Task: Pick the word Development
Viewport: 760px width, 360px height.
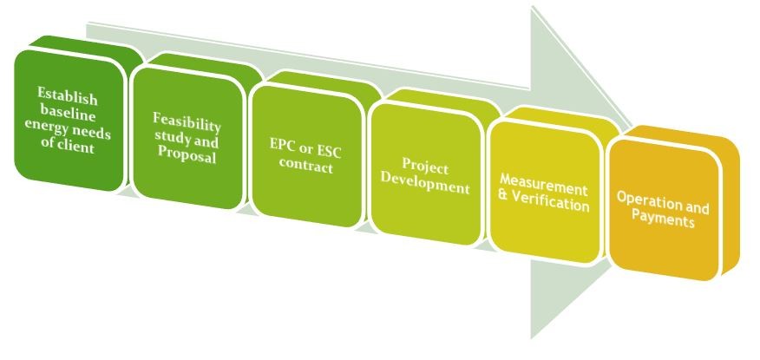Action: tap(424, 187)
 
